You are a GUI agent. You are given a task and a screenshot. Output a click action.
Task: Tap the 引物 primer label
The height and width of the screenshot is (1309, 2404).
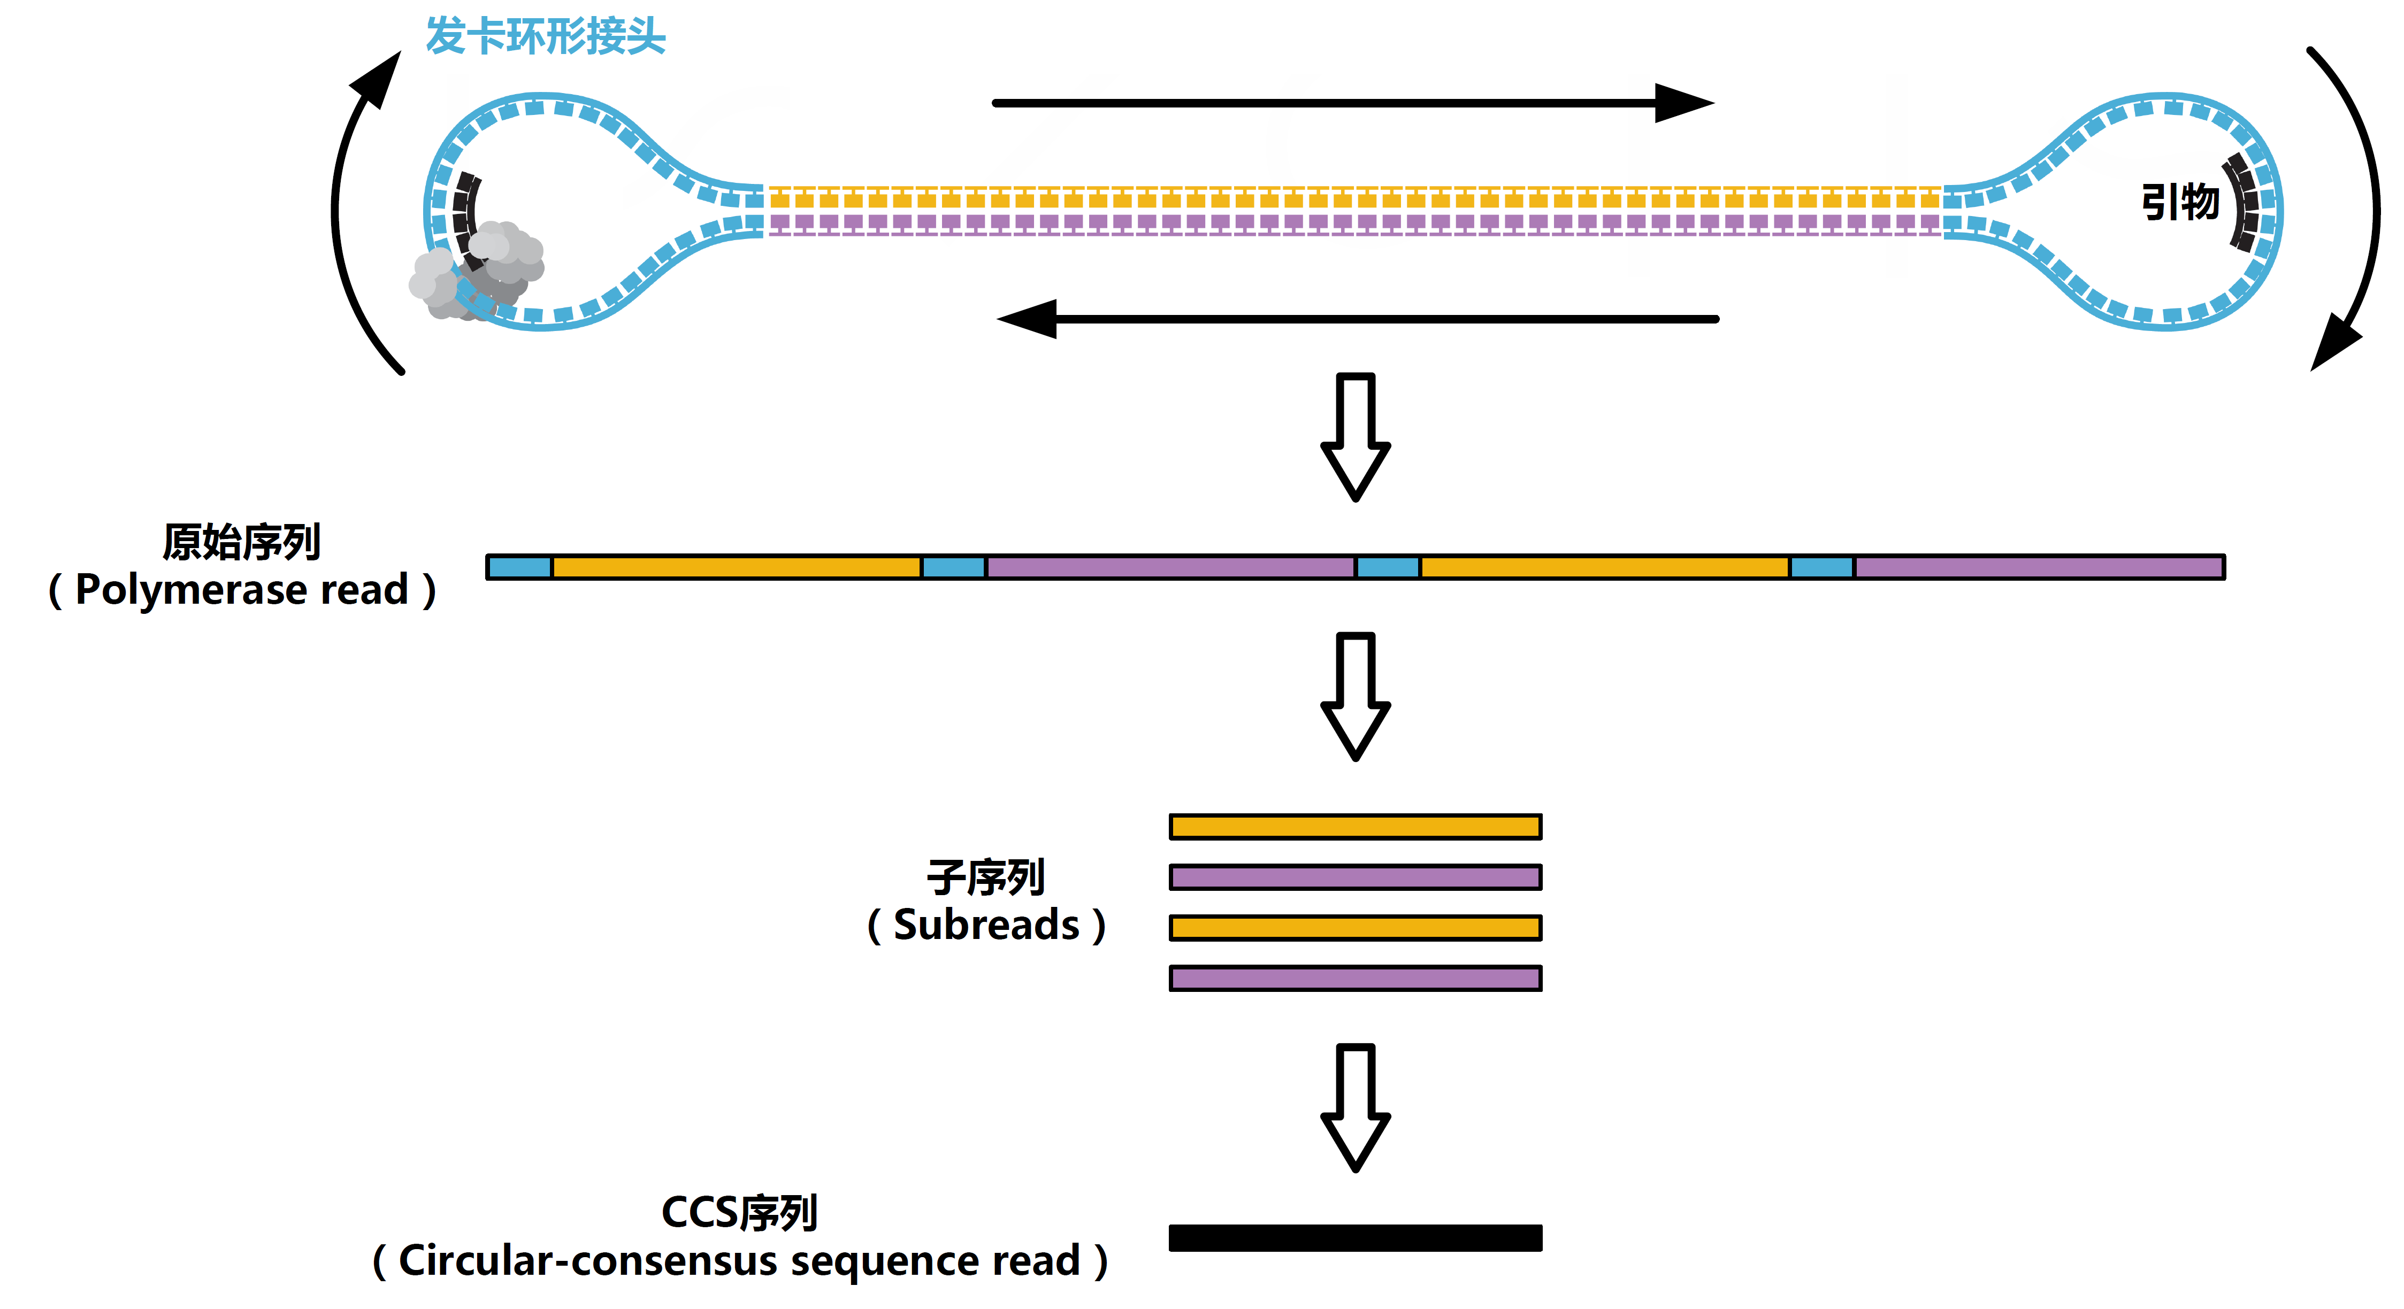point(2179,202)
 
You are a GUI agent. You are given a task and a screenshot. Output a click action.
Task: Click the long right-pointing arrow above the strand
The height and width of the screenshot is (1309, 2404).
point(1353,103)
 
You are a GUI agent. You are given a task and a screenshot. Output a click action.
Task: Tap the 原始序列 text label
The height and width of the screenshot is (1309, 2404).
point(242,542)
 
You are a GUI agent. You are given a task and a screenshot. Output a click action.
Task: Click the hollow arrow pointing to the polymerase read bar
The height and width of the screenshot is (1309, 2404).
point(1355,437)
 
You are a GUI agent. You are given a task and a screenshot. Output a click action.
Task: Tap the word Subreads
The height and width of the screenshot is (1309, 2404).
point(986,925)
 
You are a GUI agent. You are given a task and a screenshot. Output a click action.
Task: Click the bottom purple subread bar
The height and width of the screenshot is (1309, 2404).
point(1355,978)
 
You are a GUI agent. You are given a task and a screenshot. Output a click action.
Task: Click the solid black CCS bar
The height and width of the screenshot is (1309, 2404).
point(1355,1237)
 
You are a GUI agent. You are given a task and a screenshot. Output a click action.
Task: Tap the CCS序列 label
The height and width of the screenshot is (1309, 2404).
point(739,1213)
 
